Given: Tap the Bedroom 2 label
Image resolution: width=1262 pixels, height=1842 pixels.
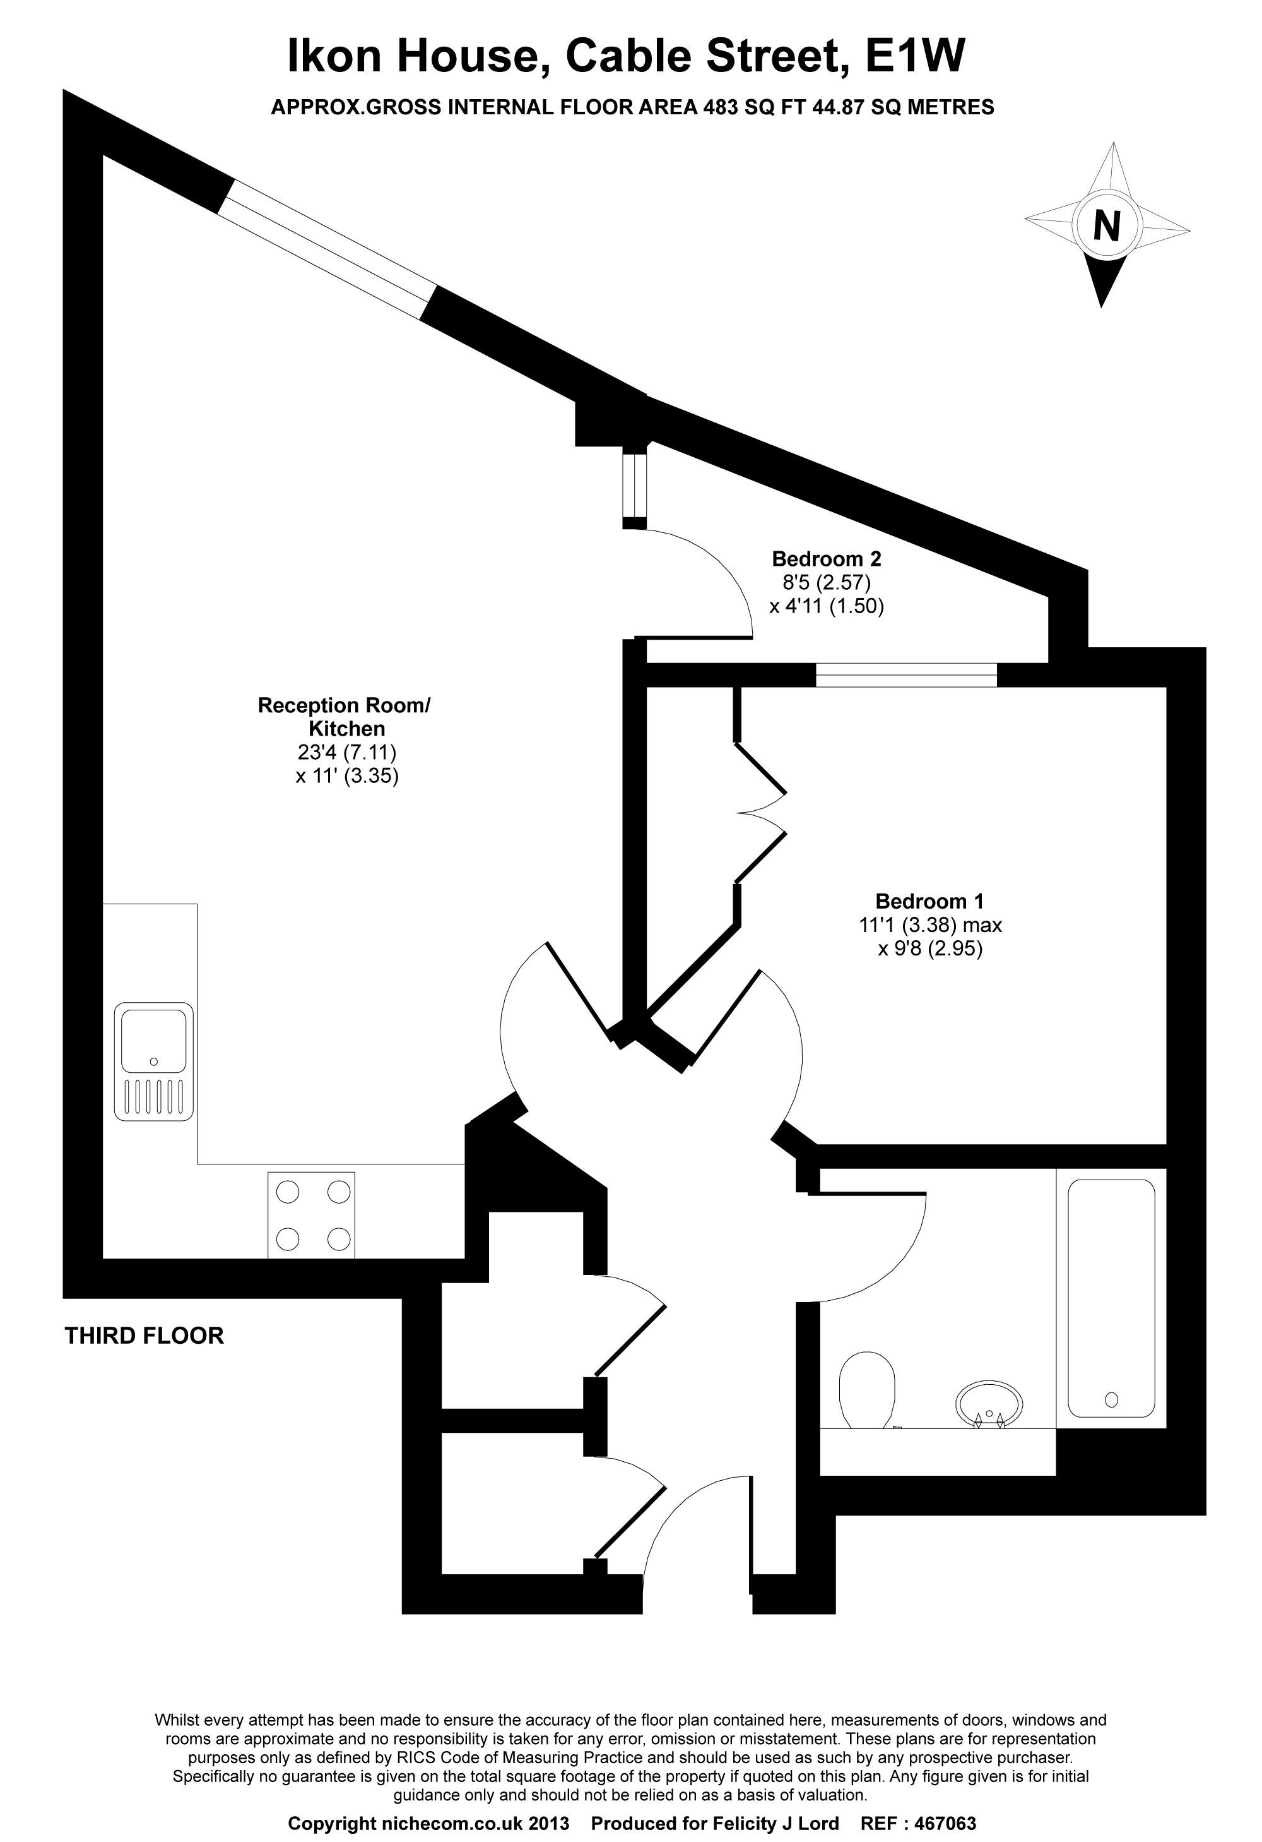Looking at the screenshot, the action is tap(826, 559).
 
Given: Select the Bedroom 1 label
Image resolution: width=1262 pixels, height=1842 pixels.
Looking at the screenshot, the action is tap(929, 901).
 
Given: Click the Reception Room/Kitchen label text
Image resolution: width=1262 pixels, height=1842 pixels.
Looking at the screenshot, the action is tap(344, 717).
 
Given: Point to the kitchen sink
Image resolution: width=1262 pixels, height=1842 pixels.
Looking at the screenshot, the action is tap(154, 1062).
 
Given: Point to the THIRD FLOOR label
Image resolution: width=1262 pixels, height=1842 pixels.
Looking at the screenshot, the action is tap(144, 1336).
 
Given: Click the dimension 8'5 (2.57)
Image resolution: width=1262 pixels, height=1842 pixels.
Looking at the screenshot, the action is tap(826, 583).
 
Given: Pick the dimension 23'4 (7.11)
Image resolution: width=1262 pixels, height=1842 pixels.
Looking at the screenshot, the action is tap(347, 751).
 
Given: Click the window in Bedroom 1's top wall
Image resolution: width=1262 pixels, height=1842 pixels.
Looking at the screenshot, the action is tap(906, 674).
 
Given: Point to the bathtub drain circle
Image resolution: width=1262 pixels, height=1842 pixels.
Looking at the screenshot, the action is tap(1111, 1400).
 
